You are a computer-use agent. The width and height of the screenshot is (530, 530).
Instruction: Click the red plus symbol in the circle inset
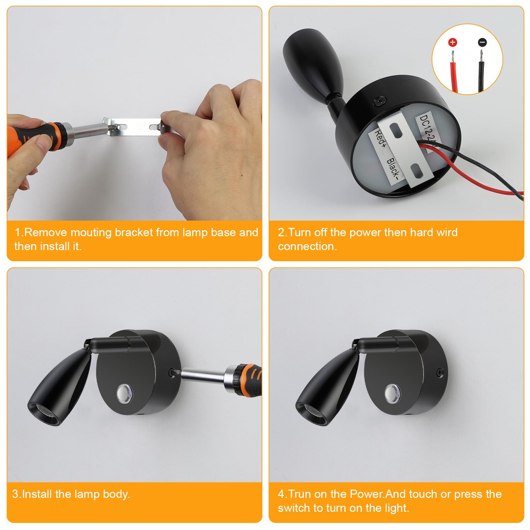click(x=452, y=42)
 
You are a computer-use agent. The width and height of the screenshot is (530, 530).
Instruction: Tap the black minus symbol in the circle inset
click(x=482, y=42)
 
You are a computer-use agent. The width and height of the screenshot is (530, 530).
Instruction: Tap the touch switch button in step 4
click(x=392, y=392)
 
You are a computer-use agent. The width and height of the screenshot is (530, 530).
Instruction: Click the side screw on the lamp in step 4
click(x=440, y=373)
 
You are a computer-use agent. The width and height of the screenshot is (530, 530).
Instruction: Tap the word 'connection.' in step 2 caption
click(x=307, y=246)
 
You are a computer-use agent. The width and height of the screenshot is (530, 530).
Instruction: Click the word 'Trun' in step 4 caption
click(x=300, y=494)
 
